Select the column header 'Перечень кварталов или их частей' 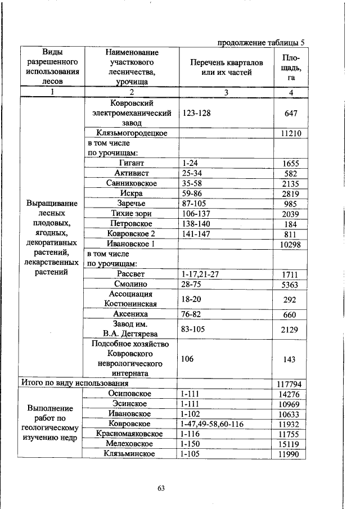(x=226, y=67)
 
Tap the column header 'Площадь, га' (x=291, y=67)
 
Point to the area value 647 (x=291, y=113)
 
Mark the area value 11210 (x=291, y=133)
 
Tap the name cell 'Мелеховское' (x=130, y=444)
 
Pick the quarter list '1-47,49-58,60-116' (x=212, y=424)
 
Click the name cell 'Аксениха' (x=130, y=314)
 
